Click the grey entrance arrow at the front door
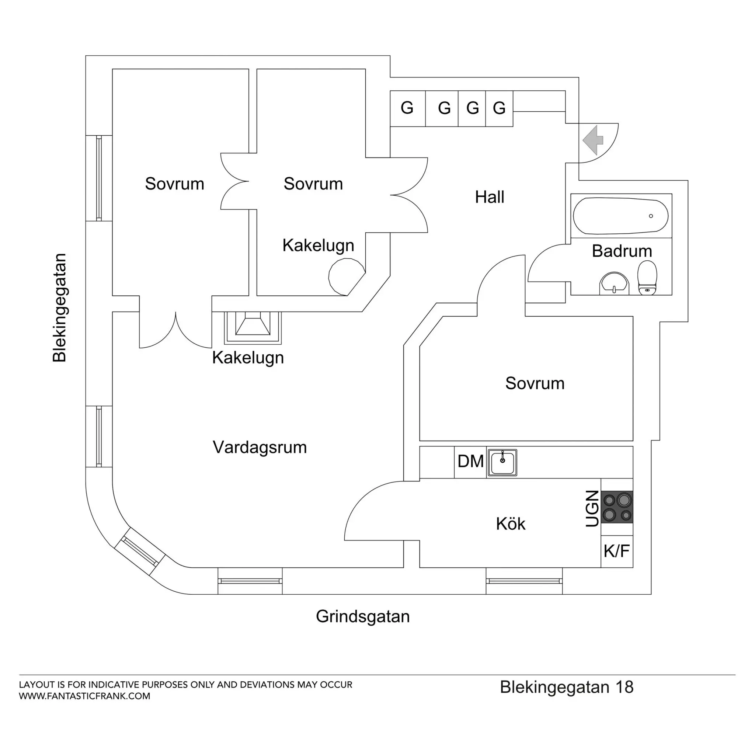(593, 140)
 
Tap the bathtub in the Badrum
(620, 216)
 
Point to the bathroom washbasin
(614, 283)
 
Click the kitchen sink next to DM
(502, 462)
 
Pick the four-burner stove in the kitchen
(617, 507)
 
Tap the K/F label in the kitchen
(616, 551)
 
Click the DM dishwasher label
(470, 462)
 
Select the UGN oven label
(592, 508)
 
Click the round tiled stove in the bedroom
(345, 277)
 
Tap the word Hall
(489, 197)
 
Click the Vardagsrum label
(260, 448)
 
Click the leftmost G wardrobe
(407, 108)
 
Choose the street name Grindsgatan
(363, 617)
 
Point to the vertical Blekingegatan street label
(60, 308)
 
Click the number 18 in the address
(624, 687)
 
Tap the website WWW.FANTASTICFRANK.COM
(85, 696)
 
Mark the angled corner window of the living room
(139, 552)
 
